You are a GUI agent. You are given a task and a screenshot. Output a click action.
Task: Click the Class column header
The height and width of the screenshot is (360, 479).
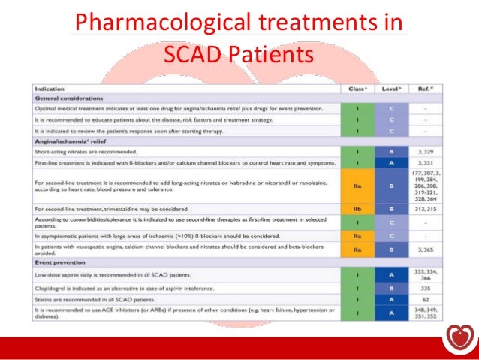357,89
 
